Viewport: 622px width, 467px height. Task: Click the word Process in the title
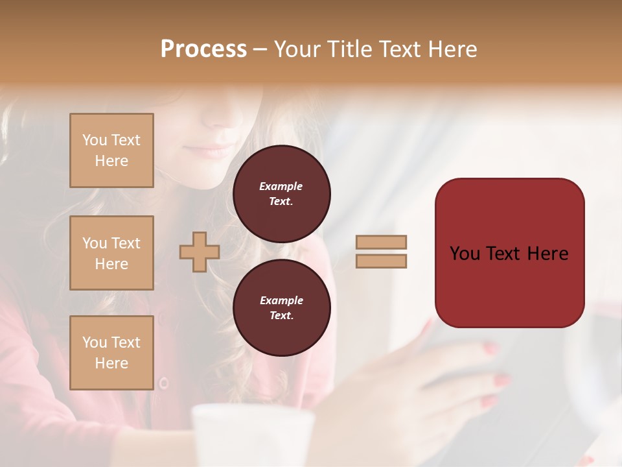[x=203, y=49]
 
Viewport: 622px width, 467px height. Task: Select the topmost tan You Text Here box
[x=111, y=150]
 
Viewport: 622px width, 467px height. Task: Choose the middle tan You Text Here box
[x=111, y=253]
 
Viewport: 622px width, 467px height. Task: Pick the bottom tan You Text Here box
[x=111, y=352]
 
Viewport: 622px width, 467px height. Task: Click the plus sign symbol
[x=199, y=252]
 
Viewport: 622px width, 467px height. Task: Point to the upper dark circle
[x=282, y=194]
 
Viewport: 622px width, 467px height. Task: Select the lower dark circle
[x=282, y=308]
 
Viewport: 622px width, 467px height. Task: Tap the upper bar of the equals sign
[x=381, y=242]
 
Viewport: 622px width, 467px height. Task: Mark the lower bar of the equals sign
[x=381, y=261]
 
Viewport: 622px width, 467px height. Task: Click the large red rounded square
[x=509, y=252]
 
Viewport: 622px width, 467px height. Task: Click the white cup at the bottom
[x=253, y=435]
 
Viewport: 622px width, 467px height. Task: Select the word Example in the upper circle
[x=281, y=186]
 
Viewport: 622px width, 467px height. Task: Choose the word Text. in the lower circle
[x=282, y=315]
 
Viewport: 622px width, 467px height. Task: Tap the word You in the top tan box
[x=94, y=140]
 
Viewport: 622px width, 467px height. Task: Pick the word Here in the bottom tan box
[x=111, y=363]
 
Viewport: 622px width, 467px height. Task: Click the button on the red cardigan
[x=163, y=383]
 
